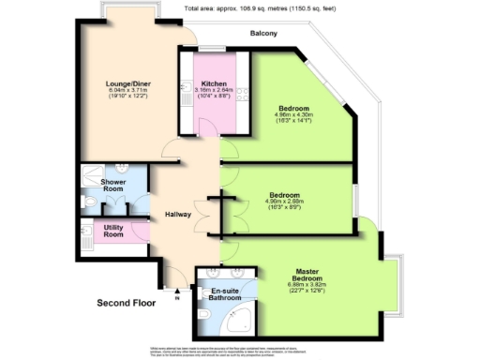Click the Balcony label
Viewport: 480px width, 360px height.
tap(263, 34)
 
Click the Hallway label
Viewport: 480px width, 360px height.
tap(178, 214)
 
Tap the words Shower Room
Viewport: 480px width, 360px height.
tap(112, 187)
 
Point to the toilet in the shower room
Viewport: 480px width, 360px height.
tap(86, 199)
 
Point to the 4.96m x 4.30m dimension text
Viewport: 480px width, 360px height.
tap(292, 115)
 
